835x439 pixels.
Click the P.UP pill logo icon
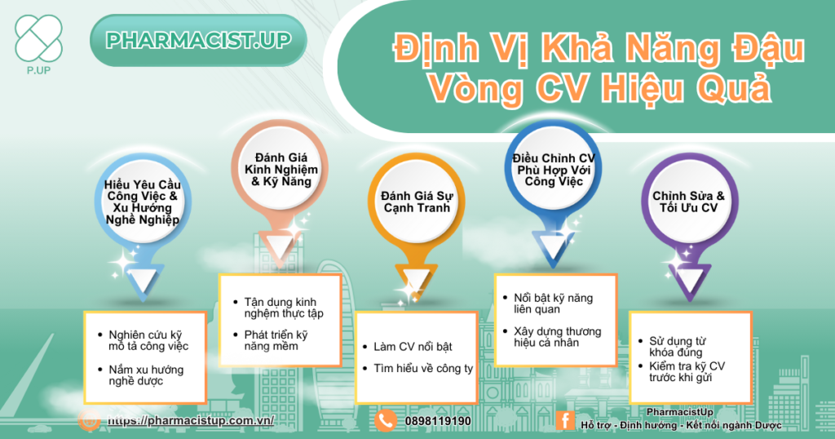coord(39,38)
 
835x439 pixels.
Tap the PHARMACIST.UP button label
coord(198,41)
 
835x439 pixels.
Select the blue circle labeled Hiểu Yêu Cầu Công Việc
coord(142,202)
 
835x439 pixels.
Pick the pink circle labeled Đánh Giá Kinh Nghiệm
coord(281,170)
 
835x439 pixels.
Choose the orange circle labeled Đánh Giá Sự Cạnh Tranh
coord(417,202)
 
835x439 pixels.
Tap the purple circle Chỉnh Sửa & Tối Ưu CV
coord(689,202)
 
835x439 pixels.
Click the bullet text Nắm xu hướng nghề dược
coord(146,375)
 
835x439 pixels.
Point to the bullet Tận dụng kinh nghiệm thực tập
coord(283,308)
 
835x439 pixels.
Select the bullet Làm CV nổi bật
coord(413,347)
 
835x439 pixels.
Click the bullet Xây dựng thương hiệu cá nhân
coord(557,337)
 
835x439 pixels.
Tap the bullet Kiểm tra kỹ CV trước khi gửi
coord(687,372)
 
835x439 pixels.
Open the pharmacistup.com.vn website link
coord(191,420)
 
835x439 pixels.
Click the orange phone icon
coord(386,421)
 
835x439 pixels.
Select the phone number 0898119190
coord(438,421)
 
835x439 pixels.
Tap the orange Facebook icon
coord(564,420)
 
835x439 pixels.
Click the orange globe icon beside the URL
coord(89,419)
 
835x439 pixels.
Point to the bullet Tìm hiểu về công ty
coord(423,369)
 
